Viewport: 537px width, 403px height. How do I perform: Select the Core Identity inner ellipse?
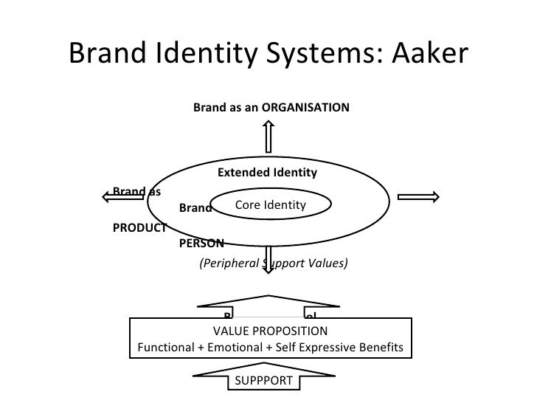[x=269, y=204]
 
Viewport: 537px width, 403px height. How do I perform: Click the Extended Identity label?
[x=266, y=173]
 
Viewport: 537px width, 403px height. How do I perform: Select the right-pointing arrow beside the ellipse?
[x=418, y=196]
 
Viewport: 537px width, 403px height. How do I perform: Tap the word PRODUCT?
[x=139, y=227]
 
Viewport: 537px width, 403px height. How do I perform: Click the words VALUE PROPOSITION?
[x=270, y=331]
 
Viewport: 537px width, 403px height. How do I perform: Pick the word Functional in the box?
[x=165, y=348]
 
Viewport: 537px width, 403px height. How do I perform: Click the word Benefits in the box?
[x=381, y=348]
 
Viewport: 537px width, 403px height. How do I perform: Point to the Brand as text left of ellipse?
[x=136, y=191]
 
